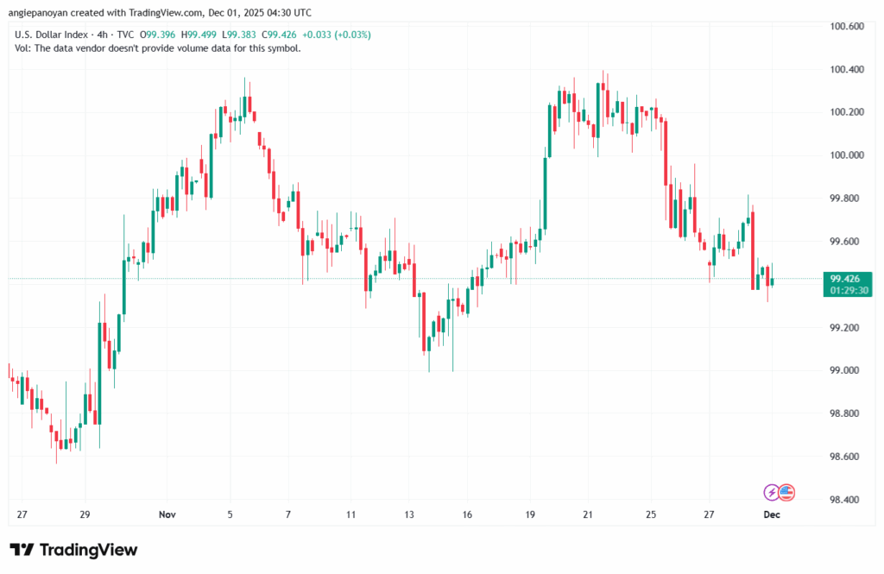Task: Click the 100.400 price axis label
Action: click(x=846, y=69)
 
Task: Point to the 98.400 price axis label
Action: click(x=846, y=500)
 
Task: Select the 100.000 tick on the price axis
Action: click(x=846, y=155)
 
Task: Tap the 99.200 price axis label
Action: click(x=846, y=328)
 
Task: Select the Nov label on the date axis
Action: click(x=168, y=514)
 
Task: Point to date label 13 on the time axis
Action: click(x=408, y=514)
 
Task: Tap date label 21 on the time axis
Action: click(x=588, y=514)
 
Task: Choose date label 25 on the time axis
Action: click(x=650, y=514)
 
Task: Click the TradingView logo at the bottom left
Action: click(x=73, y=550)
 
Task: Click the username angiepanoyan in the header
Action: click(x=43, y=12)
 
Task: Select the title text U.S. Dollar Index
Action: click(x=50, y=34)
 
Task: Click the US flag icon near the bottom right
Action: click(x=786, y=492)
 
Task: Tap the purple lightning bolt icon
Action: click(x=771, y=492)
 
